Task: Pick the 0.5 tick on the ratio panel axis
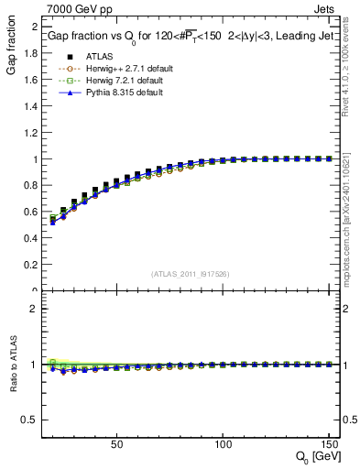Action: pyautogui.click(x=28, y=420)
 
